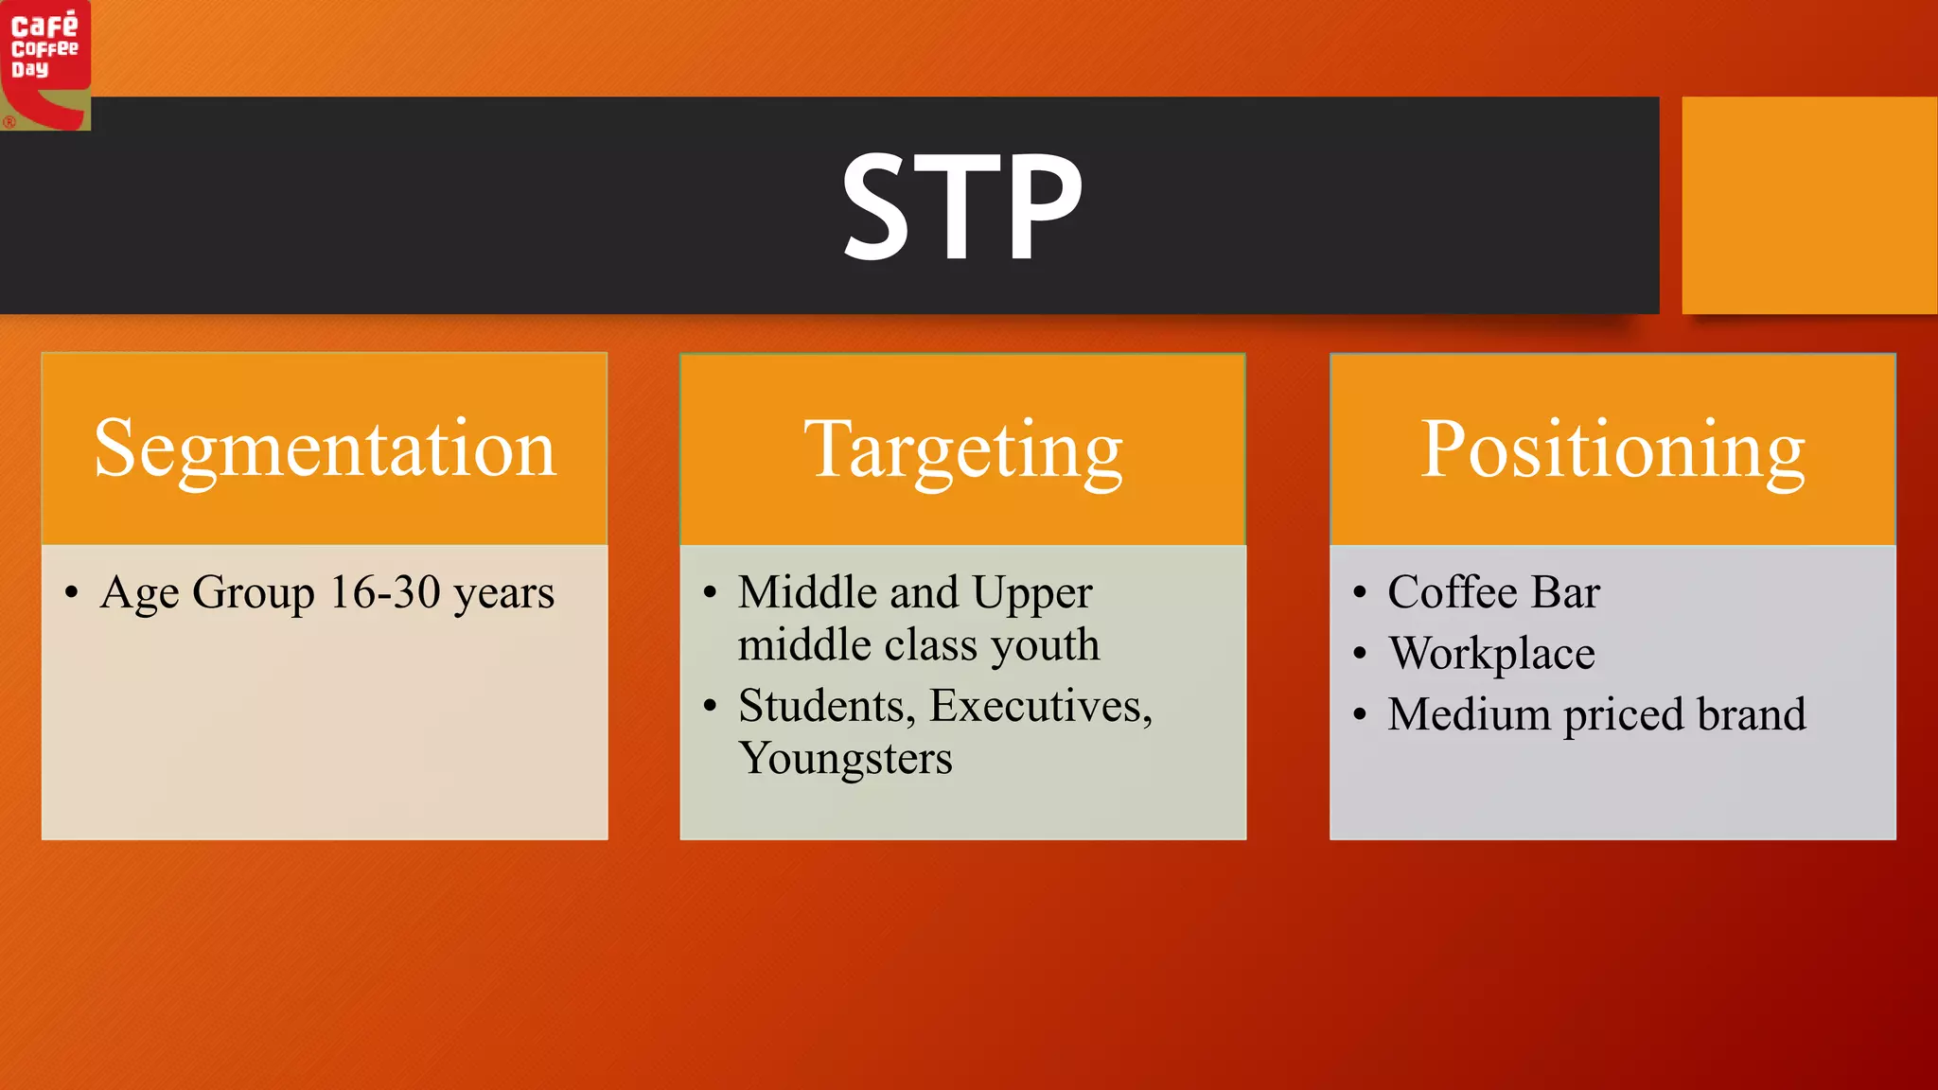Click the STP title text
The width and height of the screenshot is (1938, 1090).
point(961,207)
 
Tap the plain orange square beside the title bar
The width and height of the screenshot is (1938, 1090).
point(1808,204)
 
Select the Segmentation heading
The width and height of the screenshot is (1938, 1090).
point(325,450)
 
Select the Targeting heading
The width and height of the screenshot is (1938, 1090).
point(962,450)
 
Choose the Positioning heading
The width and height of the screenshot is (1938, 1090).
point(1612,450)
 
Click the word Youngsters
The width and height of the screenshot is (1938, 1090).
point(845,759)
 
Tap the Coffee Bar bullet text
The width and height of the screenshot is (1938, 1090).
point(1493,593)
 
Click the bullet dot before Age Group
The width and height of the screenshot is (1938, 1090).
point(72,594)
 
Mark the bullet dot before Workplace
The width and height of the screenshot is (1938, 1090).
point(1360,654)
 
